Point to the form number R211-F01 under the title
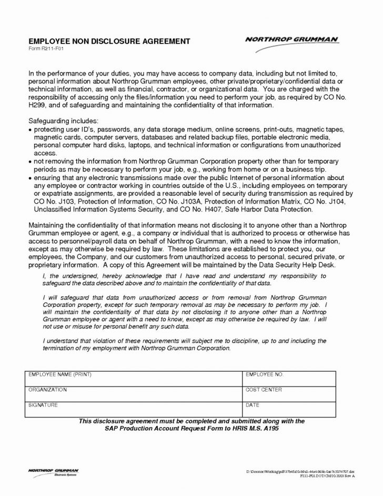tap(44, 48)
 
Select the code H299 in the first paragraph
tap(37, 105)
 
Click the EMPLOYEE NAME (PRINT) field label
tap(61, 374)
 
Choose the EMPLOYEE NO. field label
tap(265, 374)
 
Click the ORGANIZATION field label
tap(48, 390)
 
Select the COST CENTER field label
tap(264, 390)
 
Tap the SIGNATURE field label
tap(43, 406)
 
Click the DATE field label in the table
tap(253, 406)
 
